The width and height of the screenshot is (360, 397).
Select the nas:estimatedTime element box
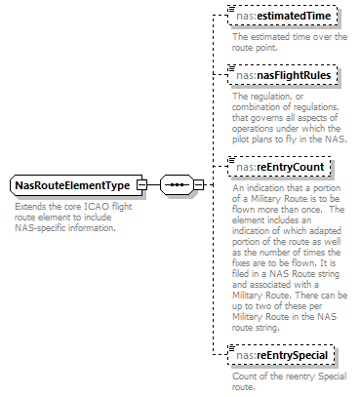283,17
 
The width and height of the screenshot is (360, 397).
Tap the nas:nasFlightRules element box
284,74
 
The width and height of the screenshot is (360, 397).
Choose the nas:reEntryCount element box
281,167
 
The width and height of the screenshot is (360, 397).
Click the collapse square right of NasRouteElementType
141,185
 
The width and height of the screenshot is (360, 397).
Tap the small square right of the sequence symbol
198,185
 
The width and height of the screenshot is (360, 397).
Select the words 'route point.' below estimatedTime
256,46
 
